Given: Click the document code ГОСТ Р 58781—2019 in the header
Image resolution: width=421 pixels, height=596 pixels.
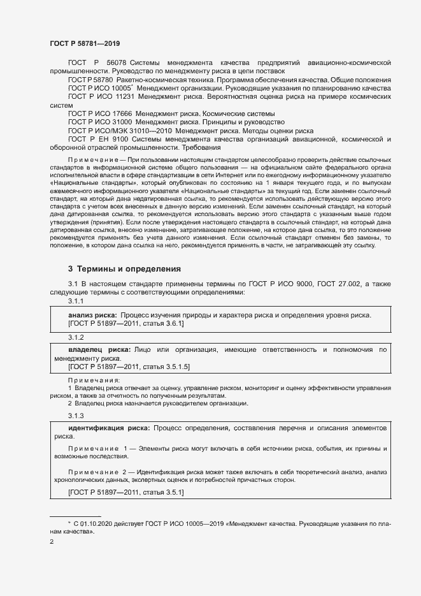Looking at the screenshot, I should click(x=84, y=43).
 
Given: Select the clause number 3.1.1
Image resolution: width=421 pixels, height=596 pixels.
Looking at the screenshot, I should click(x=76, y=300).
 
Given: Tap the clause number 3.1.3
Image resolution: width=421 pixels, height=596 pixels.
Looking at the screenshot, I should click(x=76, y=416).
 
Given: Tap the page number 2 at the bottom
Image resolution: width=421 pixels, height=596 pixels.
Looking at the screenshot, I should click(x=52, y=542).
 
